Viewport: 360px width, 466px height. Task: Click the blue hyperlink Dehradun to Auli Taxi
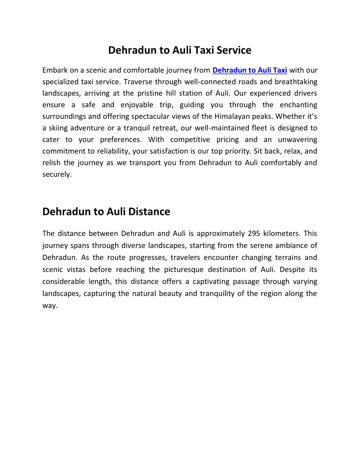(250, 70)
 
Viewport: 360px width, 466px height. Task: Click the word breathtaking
(296, 82)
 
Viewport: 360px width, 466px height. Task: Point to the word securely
(56, 174)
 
